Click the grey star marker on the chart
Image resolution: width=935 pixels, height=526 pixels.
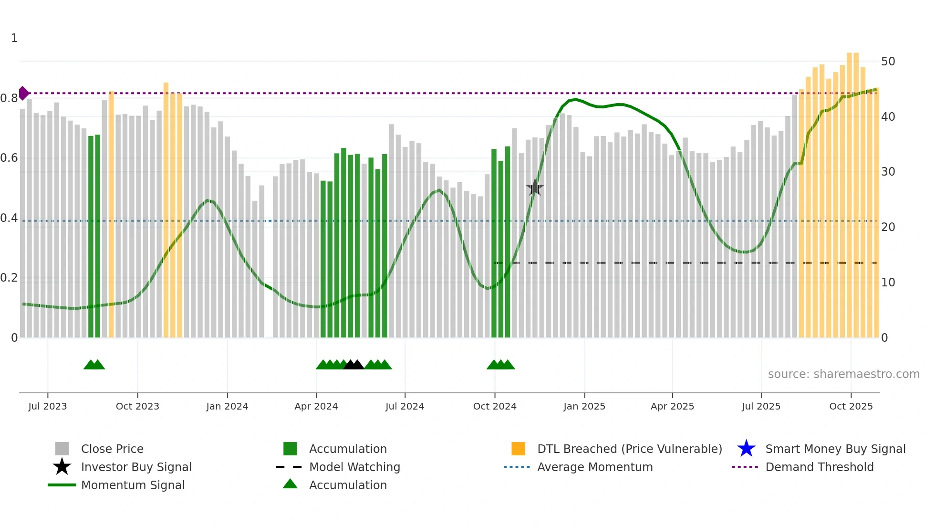(x=535, y=188)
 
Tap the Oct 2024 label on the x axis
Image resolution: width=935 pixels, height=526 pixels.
(x=495, y=406)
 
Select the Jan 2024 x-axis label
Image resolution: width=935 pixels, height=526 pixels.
(x=227, y=406)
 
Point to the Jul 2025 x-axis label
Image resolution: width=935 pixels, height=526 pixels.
(x=761, y=406)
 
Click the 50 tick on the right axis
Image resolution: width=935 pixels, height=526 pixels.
(x=888, y=62)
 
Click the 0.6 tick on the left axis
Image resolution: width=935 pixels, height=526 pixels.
(x=9, y=158)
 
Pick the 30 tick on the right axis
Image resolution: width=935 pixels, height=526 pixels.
(x=888, y=172)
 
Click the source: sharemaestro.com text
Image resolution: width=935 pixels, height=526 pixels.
(x=843, y=374)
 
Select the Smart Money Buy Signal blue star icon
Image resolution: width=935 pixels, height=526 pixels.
(x=746, y=449)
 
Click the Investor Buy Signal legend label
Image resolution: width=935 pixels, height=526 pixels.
(x=136, y=467)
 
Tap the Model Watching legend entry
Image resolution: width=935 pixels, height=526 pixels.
(x=354, y=467)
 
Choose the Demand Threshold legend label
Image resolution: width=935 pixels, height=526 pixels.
(x=819, y=467)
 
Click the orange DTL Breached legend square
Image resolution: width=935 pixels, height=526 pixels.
(x=518, y=449)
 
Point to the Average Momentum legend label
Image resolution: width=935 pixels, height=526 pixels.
(x=595, y=467)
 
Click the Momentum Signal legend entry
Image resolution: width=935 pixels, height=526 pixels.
(x=133, y=485)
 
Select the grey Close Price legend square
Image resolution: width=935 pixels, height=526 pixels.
(x=62, y=449)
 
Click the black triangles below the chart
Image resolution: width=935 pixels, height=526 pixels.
(x=353, y=365)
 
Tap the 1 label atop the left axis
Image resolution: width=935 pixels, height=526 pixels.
(x=14, y=38)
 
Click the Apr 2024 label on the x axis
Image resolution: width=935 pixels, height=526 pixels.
(x=316, y=406)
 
